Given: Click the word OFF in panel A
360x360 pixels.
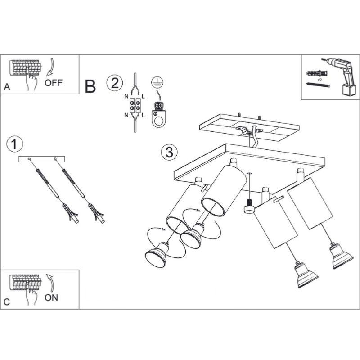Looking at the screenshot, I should pyautogui.click(x=54, y=82).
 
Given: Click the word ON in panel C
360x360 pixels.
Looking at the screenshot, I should pyautogui.click(x=51, y=297).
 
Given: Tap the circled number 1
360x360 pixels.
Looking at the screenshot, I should pyautogui.click(x=15, y=144).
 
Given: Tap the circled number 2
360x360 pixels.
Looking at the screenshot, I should pyautogui.click(x=114, y=83).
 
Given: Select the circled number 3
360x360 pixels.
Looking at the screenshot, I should pyautogui.click(x=169, y=153).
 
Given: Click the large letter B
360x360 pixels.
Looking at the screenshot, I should pyautogui.click(x=90, y=86).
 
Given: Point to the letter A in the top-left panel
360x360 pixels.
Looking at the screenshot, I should pyautogui.click(x=6, y=87).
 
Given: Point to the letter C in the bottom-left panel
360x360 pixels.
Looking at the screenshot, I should pyautogui.click(x=6, y=302).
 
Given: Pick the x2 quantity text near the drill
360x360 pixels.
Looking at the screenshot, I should pyautogui.click(x=319, y=79).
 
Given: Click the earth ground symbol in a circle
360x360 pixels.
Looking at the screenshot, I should pyautogui.click(x=157, y=82).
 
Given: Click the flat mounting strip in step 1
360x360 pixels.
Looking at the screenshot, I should pyautogui.click(x=42, y=159).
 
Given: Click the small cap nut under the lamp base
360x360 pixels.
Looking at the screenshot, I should pyautogui.click(x=247, y=209).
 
